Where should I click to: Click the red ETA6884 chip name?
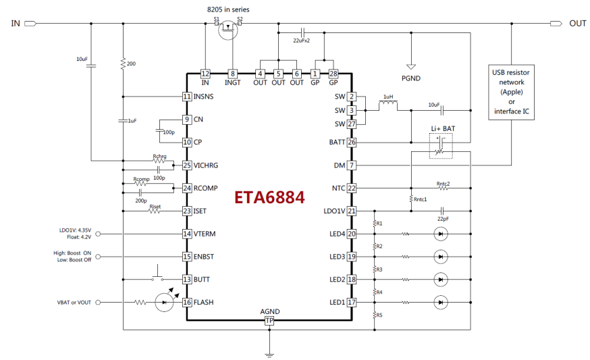click(269, 198)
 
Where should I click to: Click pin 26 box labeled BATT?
click(352, 143)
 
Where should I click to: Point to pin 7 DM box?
click(352, 165)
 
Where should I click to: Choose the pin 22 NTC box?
click(352, 188)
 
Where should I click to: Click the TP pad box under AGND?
click(269, 321)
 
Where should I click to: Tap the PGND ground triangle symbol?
click(409, 67)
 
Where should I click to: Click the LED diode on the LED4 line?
click(441, 234)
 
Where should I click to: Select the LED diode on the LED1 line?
click(441, 302)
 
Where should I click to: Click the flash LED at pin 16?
click(163, 302)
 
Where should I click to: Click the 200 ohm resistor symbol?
click(123, 63)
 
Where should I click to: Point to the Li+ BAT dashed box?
click(440, 145)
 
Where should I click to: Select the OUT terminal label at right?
click(577, 23)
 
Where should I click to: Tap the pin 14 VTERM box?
click(187, 234)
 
